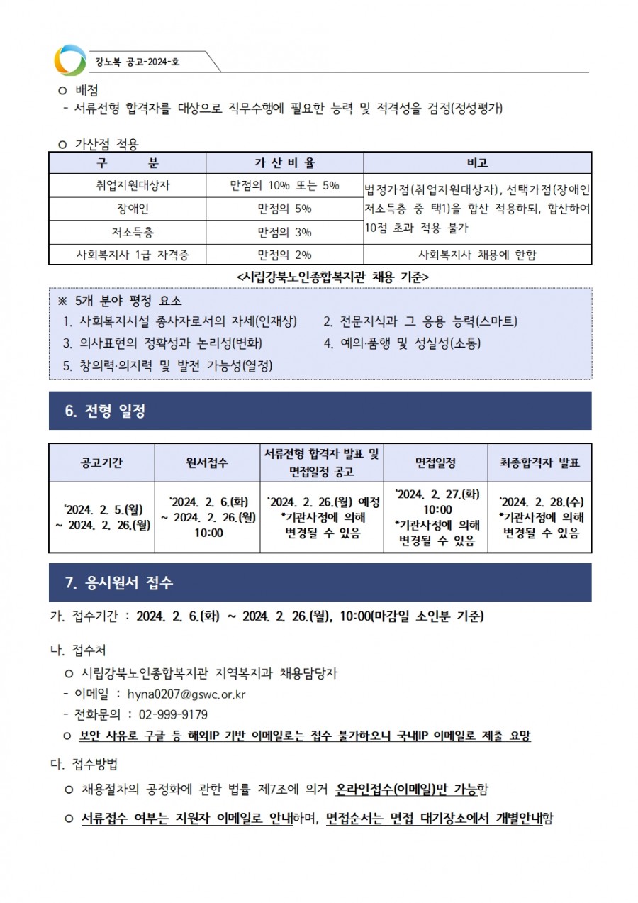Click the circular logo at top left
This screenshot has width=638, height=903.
pyautogui.click(x=69, y=60)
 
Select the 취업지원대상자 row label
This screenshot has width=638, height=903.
pyautogui.click(x=128, y=186)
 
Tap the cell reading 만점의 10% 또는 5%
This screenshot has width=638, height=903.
pyautogui.click(x=284, y=186)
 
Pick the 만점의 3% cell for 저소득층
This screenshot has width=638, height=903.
pyautogui.click(x=284, y=232)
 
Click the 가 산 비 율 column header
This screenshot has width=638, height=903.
pyautogui.click(x=284, y=162)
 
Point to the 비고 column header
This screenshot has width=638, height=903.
pyautogui.click(x=477, y=162)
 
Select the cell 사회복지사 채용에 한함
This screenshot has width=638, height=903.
pyautogui.click(x=477, y=255)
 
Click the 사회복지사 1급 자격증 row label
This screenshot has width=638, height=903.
pyautogui.click(x=128, y=255)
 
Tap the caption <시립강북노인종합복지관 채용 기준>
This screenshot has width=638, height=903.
pyautogui.click(x=332, y=275)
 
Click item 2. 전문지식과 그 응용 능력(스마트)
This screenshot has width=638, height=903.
pyautogui.click(x=420, y=321)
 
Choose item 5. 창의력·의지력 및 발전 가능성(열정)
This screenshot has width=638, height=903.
pyautogui.click(x=167, y=365)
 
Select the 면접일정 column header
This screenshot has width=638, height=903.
pyautogui.click(x=435, y=462)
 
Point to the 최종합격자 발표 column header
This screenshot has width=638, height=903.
pyautogui.click(x=539, y=462)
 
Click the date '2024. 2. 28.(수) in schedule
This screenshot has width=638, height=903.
pyautogui.click(x=540, y=502)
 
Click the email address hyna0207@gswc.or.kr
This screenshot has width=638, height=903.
pyautogui.click(x=186, y=694)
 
